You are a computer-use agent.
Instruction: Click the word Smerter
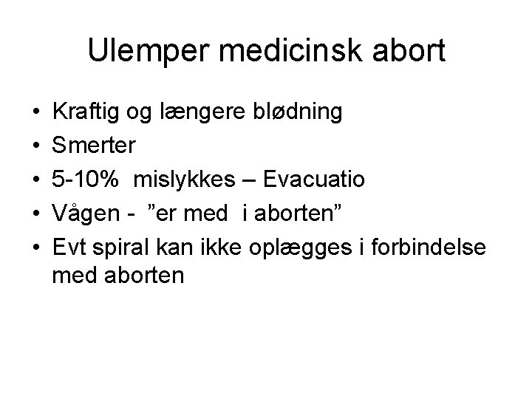pyautogui.click(x=94, y=146)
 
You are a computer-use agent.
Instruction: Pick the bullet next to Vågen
pyautogui.click(x=36, y=211)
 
